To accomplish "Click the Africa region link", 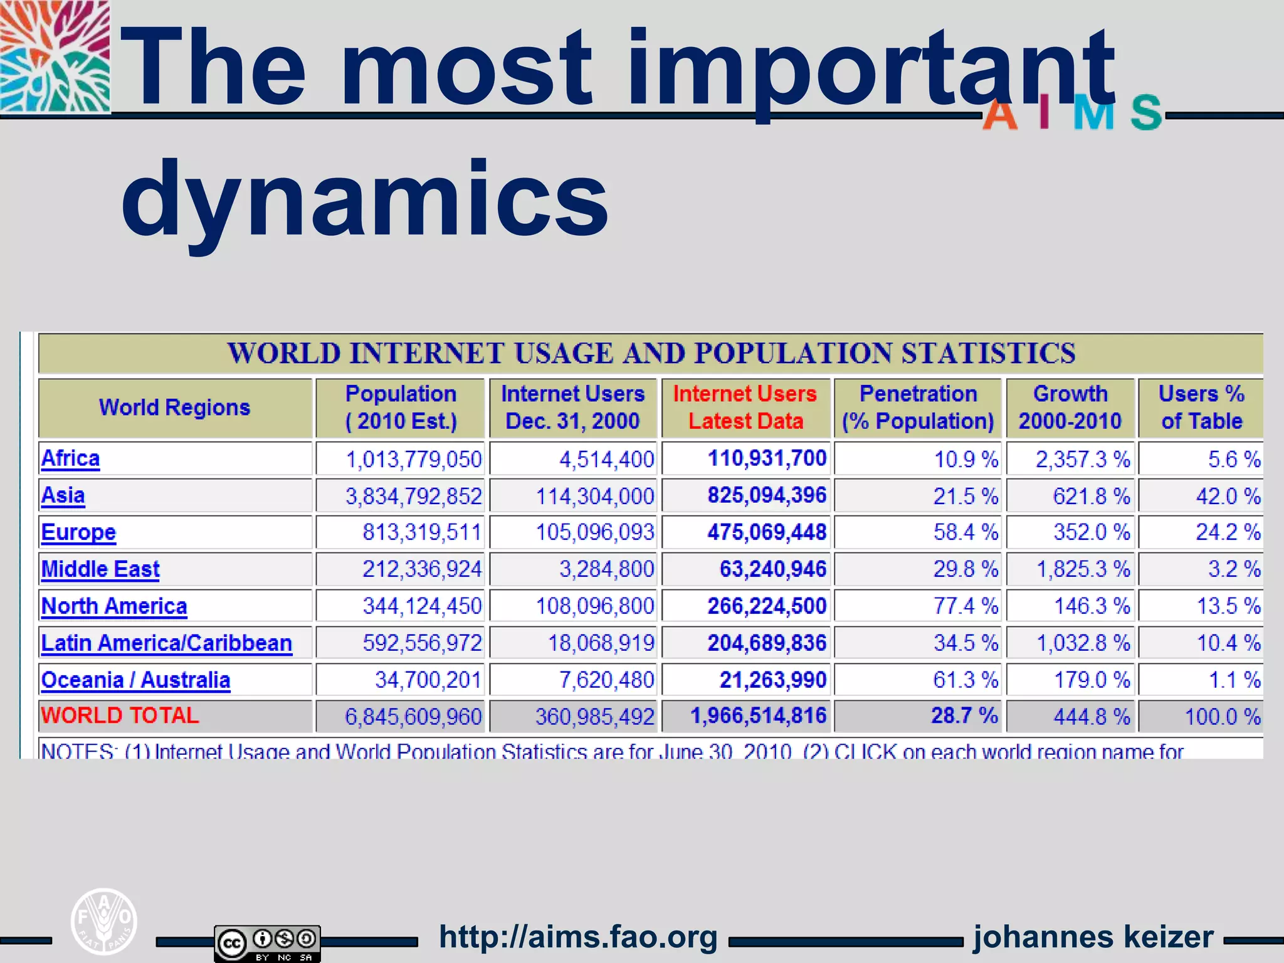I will click(x=70, y=459).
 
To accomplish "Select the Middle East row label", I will click(x=100, y=569).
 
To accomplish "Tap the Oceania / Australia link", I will click(x=135, y=680).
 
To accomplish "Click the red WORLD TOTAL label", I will click(x=120, y=715).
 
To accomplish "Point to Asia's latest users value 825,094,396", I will click(x=767, y=495).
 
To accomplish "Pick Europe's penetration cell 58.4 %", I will click(x=965, y=532).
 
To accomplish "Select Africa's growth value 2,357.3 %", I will click(x=1083, y=460).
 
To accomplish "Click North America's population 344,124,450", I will click(x=422, y=606).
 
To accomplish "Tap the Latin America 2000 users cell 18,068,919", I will click(x=601, y=643).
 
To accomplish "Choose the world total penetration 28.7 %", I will click(x=964, y=715).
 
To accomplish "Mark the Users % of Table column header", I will click(x=1201, y=408).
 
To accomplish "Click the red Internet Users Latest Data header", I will click(x=745, y=408).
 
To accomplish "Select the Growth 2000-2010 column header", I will click(x=1070, y=408).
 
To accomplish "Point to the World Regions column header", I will click(x=175, y=408).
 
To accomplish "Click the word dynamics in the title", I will click(x=365, y=199).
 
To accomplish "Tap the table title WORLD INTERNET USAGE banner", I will click(x=651, y=353).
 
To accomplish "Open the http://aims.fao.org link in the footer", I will click(x=578, y=937).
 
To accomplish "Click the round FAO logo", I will click(x=103, y=922).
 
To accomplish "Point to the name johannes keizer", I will click(x=1093, y=937).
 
